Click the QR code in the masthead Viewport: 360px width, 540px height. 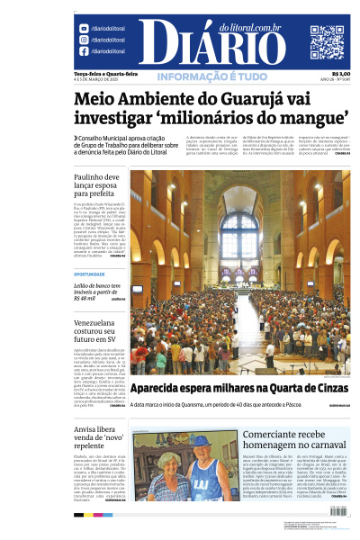pos(327,42)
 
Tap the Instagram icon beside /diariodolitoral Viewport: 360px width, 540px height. pos(84,40)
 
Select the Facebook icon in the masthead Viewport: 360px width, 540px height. pos(84,51)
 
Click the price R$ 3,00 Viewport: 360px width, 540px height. pos(340,74)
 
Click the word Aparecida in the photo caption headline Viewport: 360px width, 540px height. pos(165,389)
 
